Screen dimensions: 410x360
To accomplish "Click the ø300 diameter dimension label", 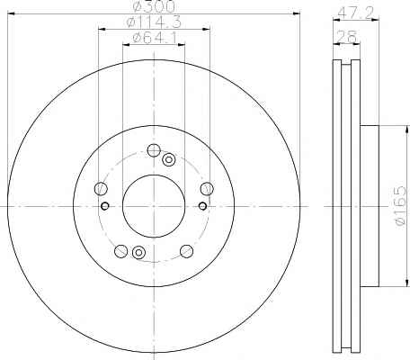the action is click(x=155, y=6).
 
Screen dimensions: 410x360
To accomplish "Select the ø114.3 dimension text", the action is click(x=154, y=22).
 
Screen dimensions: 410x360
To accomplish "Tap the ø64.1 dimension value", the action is click(x=155, y=38).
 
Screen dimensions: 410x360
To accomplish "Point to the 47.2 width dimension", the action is click(x=356, y=13).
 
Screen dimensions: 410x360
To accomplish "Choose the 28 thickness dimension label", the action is click(x=347, y=37).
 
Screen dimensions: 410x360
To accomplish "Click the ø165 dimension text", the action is click(x=400, y=206).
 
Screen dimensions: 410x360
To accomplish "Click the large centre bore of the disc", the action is click(x=154, y=206).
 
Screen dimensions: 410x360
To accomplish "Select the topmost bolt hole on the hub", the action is click(x=154, y=150).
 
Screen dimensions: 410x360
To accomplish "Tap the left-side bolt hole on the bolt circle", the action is click(x=101, y=188).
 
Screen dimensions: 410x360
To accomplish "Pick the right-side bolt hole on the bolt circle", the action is click(x=207, y=189).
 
